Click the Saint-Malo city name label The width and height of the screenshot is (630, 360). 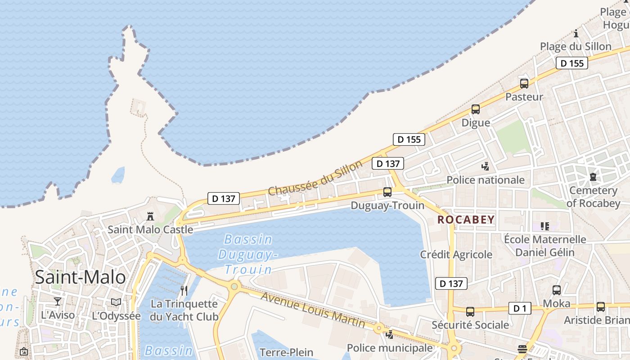tap(80, 277)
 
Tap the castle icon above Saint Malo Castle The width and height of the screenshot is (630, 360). tap(150, 216)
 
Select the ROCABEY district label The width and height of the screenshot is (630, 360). tap(466, 220)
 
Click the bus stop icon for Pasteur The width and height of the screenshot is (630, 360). tap(524, 83)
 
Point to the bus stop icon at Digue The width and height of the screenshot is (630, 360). tap(476, 109)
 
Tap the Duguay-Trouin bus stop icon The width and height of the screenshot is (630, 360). tap(387, 192)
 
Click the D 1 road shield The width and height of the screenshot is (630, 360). tap(520, 308)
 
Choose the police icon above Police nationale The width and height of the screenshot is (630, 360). tap(485, 166)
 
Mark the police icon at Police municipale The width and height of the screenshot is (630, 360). tap(390, 334)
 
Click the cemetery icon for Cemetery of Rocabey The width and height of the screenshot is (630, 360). tap(593, 177)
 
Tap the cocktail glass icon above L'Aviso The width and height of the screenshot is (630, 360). tap(58, 301)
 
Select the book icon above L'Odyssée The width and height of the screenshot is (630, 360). tap(116, 302)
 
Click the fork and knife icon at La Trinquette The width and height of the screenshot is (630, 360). tap(184, 290)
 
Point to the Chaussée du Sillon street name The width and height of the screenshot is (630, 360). tap(315, 178)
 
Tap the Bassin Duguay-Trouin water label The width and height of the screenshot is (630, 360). tap(248, 254)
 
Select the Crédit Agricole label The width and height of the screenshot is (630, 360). tap(456, 254)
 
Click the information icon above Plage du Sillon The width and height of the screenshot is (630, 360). tap(576, 33)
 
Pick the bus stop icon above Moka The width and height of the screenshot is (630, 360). tap(557, 290)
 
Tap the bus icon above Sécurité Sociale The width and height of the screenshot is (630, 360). tap(470, 311)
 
